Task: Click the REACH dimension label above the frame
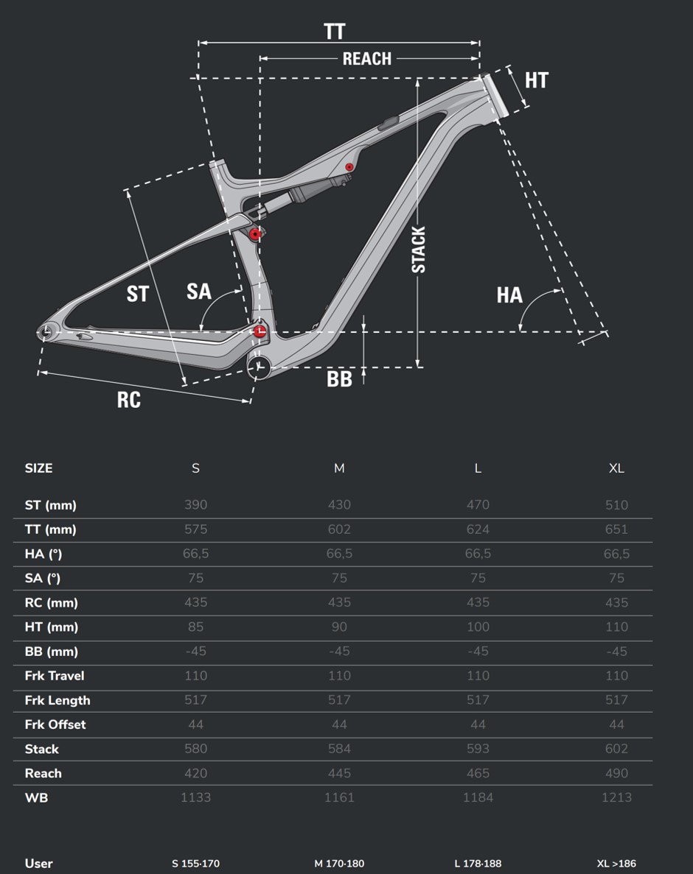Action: [366, 58]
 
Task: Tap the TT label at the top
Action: [335, 32]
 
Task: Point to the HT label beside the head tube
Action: [537, 80]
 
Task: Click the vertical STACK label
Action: [419, 250]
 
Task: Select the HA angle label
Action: [509, 295]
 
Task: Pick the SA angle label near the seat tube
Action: [198, 291]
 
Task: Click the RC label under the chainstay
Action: [129, 400]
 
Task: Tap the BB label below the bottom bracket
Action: [339, 379]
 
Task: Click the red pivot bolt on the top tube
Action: [349, 166]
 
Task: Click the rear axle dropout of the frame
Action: [45, 332]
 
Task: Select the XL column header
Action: [616, 468]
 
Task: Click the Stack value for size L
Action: [478, 749]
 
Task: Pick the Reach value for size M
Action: [339, 773]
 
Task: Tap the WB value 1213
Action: [616, 797]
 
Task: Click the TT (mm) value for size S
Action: [196, 529]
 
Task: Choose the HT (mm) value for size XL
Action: [616, 627]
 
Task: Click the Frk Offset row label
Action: [55, 724]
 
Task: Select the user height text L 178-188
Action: [478, 864]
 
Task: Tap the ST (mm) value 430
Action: [339, 504]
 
